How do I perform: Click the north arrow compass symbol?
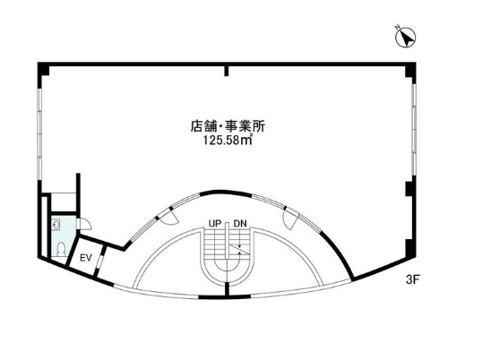pyautogui.click(x=405, y=37)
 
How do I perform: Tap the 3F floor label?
pyautogui.click(x=411, y=279)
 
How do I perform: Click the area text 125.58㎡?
pyautogui.click(x=228, y=141)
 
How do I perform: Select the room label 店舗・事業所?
pyautogui.click(x=228, y=126)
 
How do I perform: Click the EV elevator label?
pyautogui.click(x=86, y=258)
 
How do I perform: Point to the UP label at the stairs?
pyautogui.click(x=215, y=224)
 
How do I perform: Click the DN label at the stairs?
pyautogui.click(x=240, y=224)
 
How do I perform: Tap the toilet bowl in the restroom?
pyautogui.click(x=60, y=249)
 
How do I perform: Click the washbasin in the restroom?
pyautogui.click(x=56, y=225)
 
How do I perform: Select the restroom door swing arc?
pyautogui.click(x=85, y=224)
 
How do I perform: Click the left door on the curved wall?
pyautogui.click(x=168, y=218)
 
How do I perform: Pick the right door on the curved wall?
pyautogui.click(x=291, y=218)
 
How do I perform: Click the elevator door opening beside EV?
pyautogui.click(x=100, y=261)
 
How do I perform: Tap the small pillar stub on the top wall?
pyautogui.click(x=227, y=71)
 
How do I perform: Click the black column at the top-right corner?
pyautogui.click(x=409, y=70)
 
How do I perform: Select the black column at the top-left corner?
pyautogui.click(x=43, y=70)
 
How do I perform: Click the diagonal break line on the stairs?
pyautogui.click(x=238, y=249)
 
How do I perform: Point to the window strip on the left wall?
pyautogui.click(x=39, y=133)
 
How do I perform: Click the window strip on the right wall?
pyautogui.click(x=414, y=129)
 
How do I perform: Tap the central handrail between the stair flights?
pyautogui.click(x=227, y=241)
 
